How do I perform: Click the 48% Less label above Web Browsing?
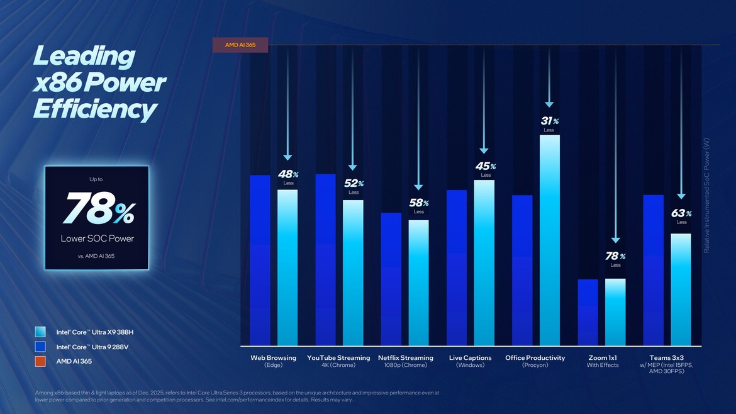288,177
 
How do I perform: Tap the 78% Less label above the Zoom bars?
615,259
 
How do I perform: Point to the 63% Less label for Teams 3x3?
681,216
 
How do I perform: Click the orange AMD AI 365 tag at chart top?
240,45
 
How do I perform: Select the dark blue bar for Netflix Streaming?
391,279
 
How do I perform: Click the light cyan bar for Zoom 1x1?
615,312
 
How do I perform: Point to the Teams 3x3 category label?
667,357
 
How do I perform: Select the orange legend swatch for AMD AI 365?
41,361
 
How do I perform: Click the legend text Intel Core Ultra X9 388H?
95,332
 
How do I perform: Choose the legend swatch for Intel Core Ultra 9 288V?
41,347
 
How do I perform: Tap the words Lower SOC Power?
98,238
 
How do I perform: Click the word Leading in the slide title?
83,57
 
